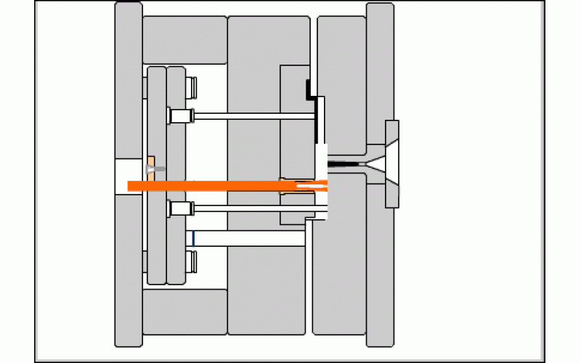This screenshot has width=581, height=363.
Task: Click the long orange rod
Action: pyautogui.click(x=218, y=186)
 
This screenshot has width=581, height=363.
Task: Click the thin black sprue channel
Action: pyautogui.click(x=345, y=166)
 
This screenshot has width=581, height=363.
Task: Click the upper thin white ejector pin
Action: pyautogui.click(x=254, y=115)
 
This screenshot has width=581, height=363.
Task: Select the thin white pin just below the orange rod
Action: pyautogui.click(x=254, y=208)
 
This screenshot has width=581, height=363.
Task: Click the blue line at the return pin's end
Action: pyautogui.click(x=194, y=237)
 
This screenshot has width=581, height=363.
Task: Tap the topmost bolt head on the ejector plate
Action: pyautogui.click(x=192, y=87)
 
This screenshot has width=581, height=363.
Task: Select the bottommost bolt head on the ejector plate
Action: pyautogui.click(x=192, y=261)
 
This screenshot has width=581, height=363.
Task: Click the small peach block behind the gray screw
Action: pyautogui.click(x=150, y=160)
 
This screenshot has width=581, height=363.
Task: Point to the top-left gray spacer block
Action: pyautogui.click(x=184, y=39)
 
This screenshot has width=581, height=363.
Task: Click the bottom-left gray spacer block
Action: pyautogui.click(x=184, y=311)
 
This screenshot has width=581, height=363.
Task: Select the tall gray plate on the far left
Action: pyautogui.click(x=129, y=87)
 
